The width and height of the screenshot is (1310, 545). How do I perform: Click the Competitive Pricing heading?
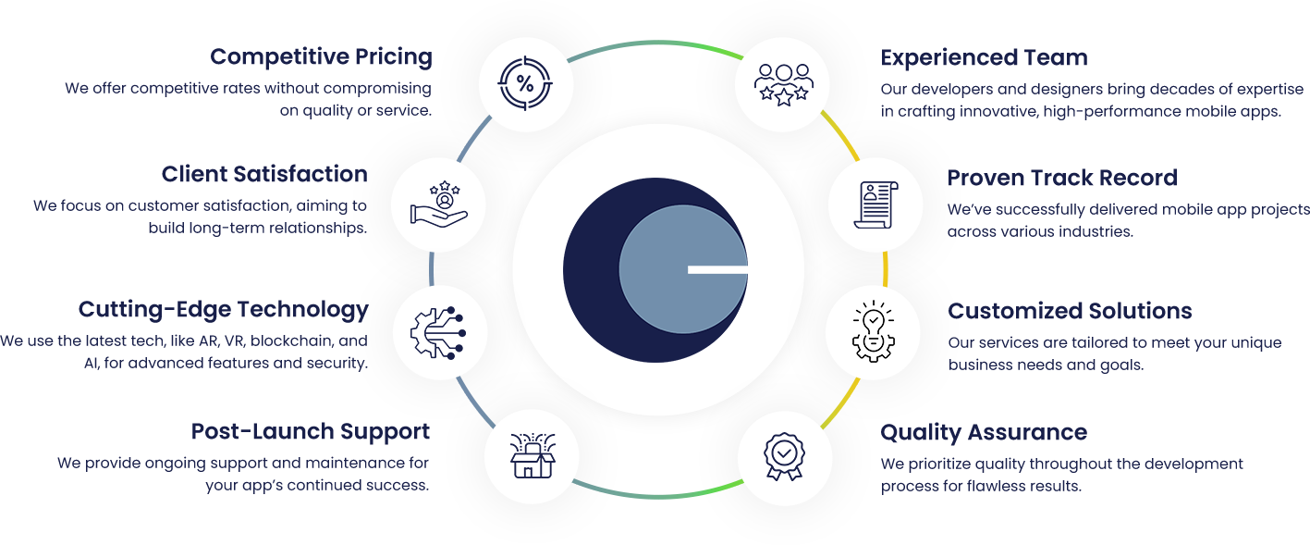(x=321, y=57)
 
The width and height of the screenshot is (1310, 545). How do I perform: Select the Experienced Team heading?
(x=984, y=58)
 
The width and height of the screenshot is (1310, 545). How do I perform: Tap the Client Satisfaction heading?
(x=263, y=175)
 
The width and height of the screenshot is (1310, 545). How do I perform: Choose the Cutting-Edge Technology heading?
(x=223, y=309)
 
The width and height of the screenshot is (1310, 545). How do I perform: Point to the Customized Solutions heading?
(x=1070, y=311)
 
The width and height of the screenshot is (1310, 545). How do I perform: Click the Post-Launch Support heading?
(x=310, y=432)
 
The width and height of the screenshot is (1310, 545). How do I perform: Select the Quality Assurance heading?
(x=984, y=432)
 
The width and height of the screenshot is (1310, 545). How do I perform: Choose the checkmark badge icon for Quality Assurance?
(x=782, y=454)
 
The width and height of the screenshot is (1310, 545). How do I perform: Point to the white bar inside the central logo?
(x=717, y=269)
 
